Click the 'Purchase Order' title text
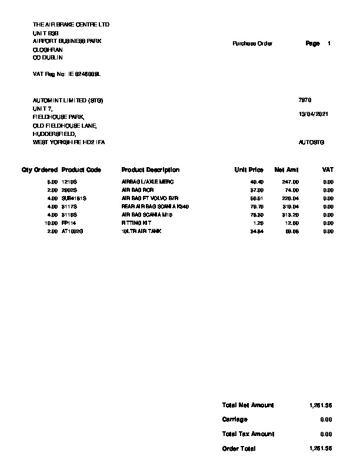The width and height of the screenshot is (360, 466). pos(252,44)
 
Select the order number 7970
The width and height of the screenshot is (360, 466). pos(305,101)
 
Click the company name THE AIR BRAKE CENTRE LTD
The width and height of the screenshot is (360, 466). pos(71,25)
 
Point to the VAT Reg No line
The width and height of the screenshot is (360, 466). pos(67,75)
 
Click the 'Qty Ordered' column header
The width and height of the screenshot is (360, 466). pos(40,169)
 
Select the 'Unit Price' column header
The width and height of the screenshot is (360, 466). pos(249,169)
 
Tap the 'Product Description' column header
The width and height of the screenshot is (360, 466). pos(150,169)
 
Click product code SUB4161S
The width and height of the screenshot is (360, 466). pos(74,199)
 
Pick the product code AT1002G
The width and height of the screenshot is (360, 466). pos(73,232)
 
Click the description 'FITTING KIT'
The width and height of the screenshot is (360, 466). pos(136,224)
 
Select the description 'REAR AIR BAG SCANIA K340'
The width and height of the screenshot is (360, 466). pos(152,207)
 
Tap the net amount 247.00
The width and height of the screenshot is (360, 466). pos(292,182)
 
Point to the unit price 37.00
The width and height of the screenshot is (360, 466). pos(257,191)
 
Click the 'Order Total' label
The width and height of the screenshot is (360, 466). pos(239,448)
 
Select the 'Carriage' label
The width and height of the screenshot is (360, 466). pos(235,420)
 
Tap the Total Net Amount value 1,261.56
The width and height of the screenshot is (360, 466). pos(321,405)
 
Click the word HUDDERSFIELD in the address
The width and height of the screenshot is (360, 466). pos(55,134)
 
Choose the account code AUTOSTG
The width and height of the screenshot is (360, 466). pos(312,142)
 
